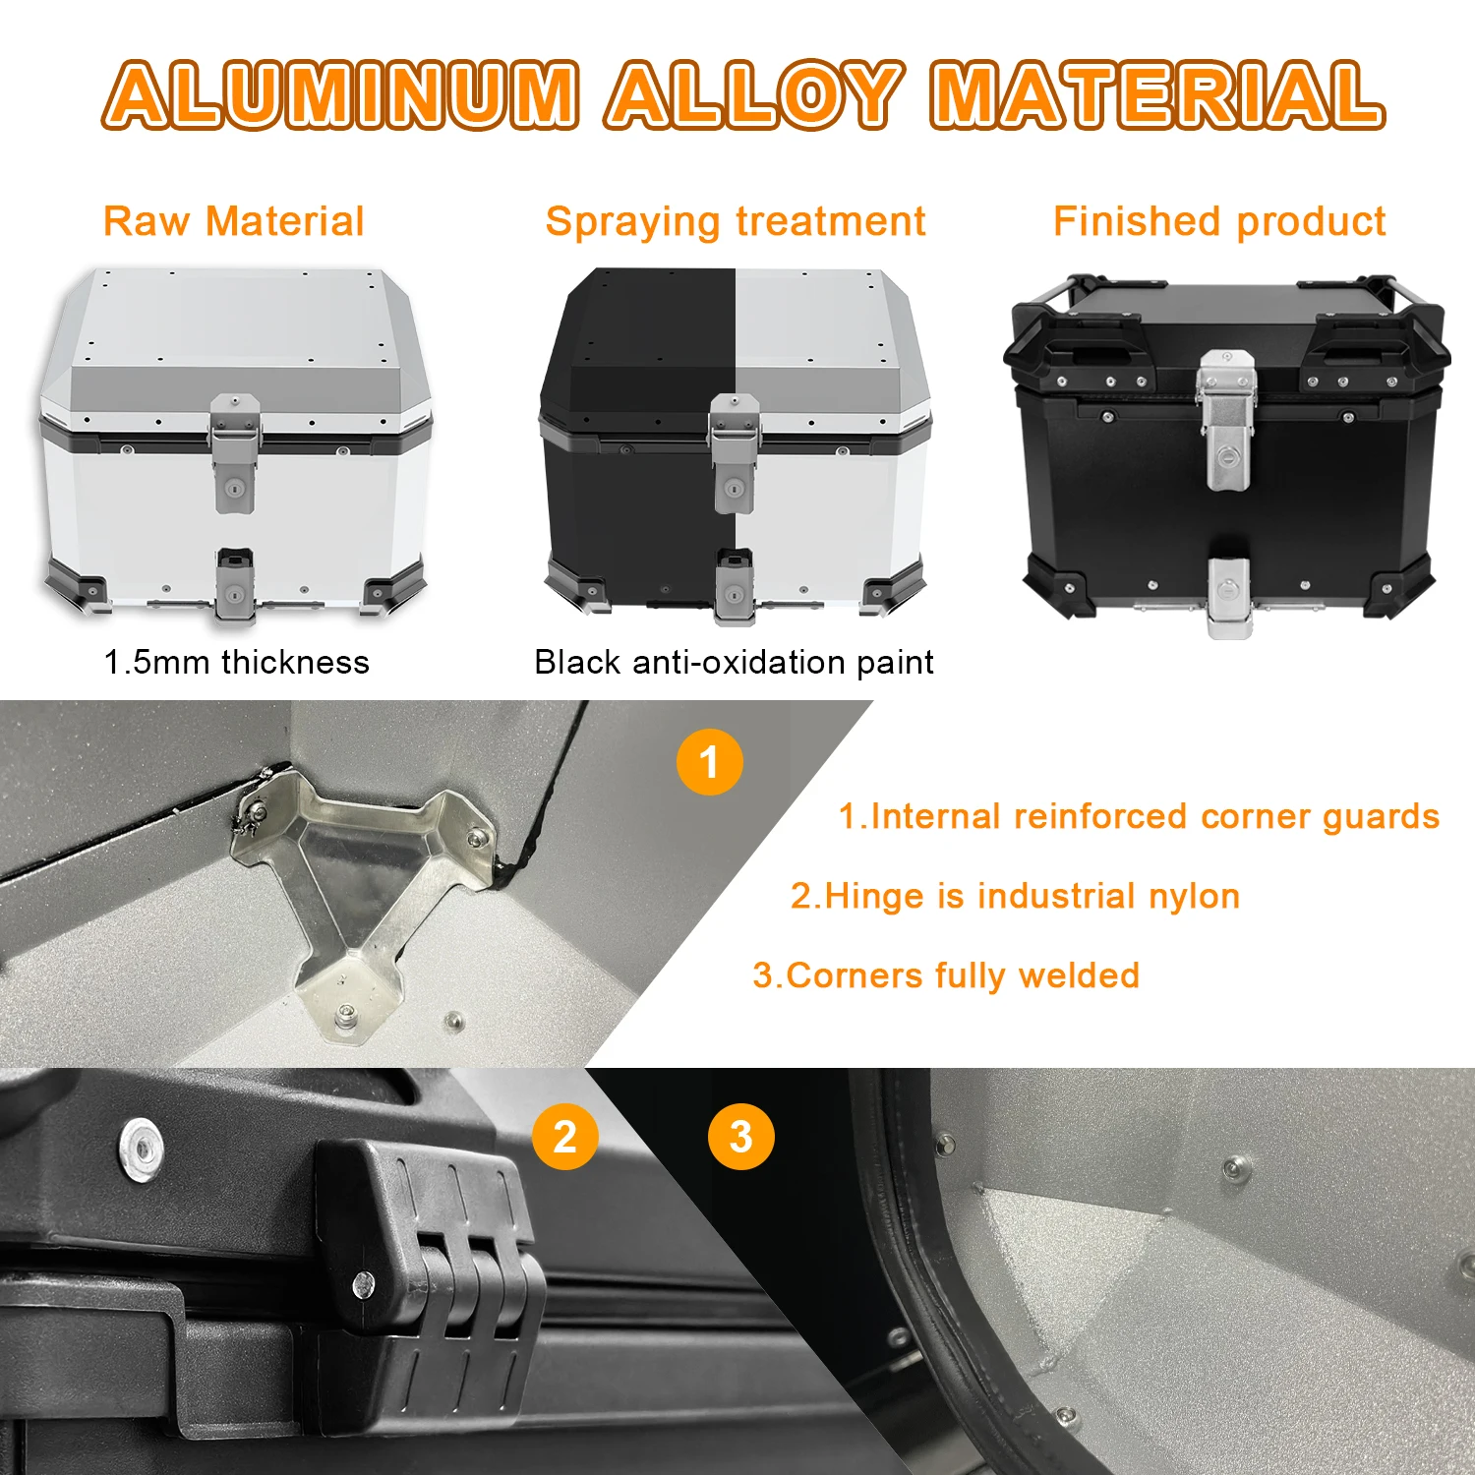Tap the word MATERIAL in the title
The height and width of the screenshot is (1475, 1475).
(1156, 95)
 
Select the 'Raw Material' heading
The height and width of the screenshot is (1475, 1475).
(234, 221)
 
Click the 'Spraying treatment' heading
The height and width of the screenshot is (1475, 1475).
(736, 221)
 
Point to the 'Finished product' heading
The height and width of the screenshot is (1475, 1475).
(1219, 221)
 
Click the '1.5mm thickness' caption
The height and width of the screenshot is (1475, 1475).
(237, 662)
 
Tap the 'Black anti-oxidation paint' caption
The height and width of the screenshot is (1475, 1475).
(734, 662)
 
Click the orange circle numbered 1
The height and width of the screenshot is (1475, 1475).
(709, 762)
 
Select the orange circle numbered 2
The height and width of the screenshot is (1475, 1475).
(564, 1137)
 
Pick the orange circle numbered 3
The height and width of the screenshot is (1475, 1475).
(740, 1137)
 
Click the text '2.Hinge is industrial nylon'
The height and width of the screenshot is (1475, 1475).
(1015, 896)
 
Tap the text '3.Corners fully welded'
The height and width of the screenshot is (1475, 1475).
(946, 975)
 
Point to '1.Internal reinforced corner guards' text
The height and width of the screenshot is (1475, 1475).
(1139, 816)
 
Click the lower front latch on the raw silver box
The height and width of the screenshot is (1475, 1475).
(235, 585)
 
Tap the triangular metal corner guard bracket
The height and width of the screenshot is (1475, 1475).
(359, 885)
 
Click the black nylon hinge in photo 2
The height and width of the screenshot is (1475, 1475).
(433, 1249)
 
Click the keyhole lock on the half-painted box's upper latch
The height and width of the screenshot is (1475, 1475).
(734, 488)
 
